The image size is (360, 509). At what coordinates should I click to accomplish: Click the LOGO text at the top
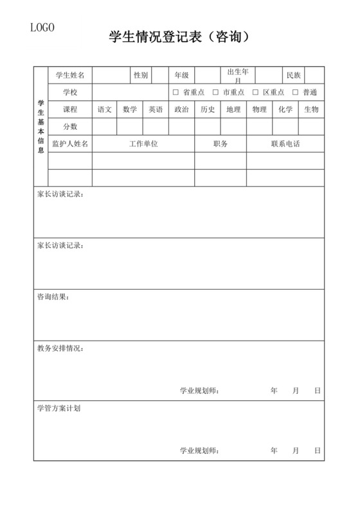[x=42, y=27]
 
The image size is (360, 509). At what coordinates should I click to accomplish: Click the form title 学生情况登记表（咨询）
[x=180, y=38]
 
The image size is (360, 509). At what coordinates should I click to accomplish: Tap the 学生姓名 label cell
[x=71, y=75]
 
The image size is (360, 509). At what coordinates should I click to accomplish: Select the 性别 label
[x=141, y=75]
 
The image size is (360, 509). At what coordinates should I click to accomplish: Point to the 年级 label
[x=182, y=75]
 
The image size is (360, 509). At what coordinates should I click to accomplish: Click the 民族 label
[x=294, y=75]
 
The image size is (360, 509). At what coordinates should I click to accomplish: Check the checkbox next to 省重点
[x=176, y=93]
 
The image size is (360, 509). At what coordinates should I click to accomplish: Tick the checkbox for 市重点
[x=216, y=93]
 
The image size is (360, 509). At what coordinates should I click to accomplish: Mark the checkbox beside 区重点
[x=256, y=93]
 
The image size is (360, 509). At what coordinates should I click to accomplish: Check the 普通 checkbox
[x=296, y=93]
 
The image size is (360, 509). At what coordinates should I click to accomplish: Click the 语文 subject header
[x=105, y=109]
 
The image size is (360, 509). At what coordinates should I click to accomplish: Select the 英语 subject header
[x=156, y=109]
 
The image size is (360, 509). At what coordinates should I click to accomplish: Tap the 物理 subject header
[x=260, y=109]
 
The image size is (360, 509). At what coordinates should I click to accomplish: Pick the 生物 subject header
[x=311, y=109]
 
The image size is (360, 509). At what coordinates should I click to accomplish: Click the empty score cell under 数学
[x=130, y=127]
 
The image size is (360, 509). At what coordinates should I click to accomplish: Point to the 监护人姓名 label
[x=71, y=144]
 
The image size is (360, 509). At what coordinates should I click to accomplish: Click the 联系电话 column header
[x=285, y=144]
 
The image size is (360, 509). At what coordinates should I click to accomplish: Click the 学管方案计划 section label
[x=59, y=407]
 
